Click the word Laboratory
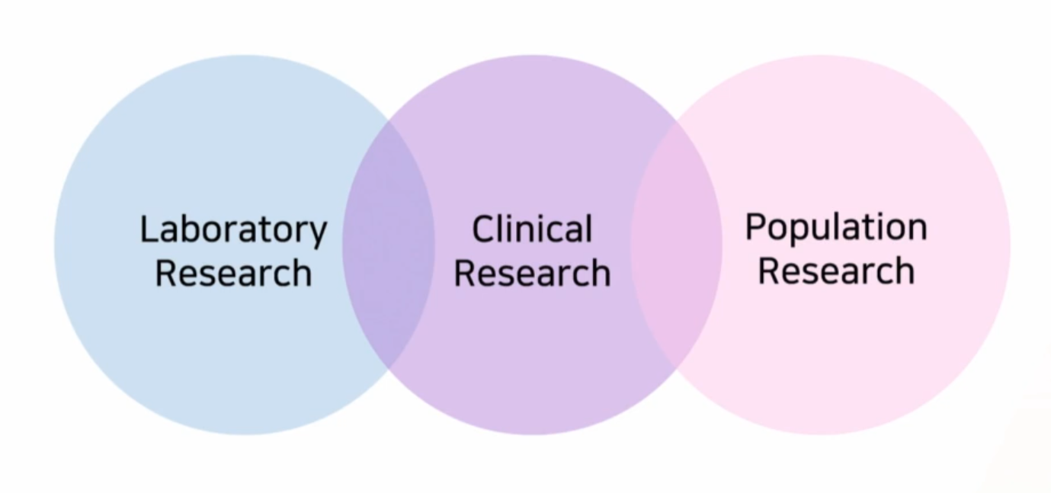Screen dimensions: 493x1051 (x=233, y=229)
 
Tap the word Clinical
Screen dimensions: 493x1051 (x=531, y=229)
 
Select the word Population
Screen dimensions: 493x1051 (x=836, y=227)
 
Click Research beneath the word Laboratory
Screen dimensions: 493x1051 (x=233, y=273)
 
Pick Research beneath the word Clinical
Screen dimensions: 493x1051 (x=532, y=273)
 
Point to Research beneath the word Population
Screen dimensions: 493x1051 (x=836, y=271)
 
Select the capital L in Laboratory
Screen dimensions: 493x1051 (x=148, y=229)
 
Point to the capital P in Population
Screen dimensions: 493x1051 (x=755, y=227)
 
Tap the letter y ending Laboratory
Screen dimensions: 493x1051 (x=319, y=233)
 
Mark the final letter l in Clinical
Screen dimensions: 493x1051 (x=588, y=229)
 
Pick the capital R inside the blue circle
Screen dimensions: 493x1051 (x=165, y=273)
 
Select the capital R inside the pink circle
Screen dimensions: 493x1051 (x=768, y=271)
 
